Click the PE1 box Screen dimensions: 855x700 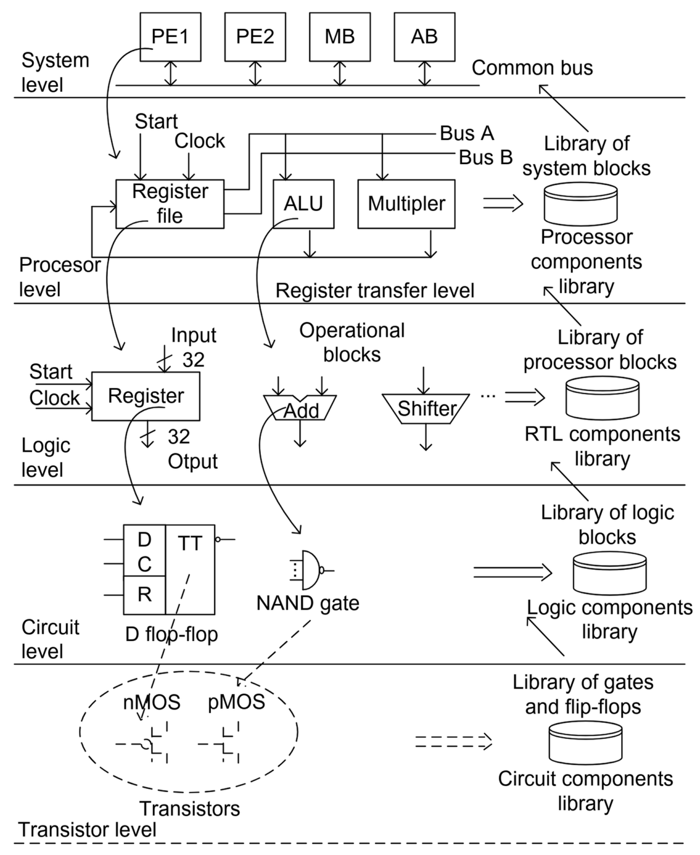click(170, 37)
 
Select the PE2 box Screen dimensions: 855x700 click(255, 37)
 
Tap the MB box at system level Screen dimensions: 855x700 click(339, 37)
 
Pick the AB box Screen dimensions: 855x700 click(424, 37)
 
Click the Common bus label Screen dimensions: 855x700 click(532, 68)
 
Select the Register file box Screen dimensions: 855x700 click(170, 204)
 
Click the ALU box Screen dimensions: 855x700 click(303, 204)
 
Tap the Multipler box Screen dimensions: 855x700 click(406, 204)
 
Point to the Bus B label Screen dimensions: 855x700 click(485, 157)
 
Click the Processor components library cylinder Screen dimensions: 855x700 click(580, 204)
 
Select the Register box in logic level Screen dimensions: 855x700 click(145, 396)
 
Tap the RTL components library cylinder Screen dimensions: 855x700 click(602, 398)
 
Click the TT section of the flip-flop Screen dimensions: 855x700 click(190, 569)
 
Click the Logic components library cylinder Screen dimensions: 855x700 click(609, 573)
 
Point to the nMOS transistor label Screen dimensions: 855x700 click(152, 702)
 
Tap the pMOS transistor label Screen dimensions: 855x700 click(236, 702)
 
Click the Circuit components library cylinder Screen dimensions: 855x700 click(585, 743)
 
